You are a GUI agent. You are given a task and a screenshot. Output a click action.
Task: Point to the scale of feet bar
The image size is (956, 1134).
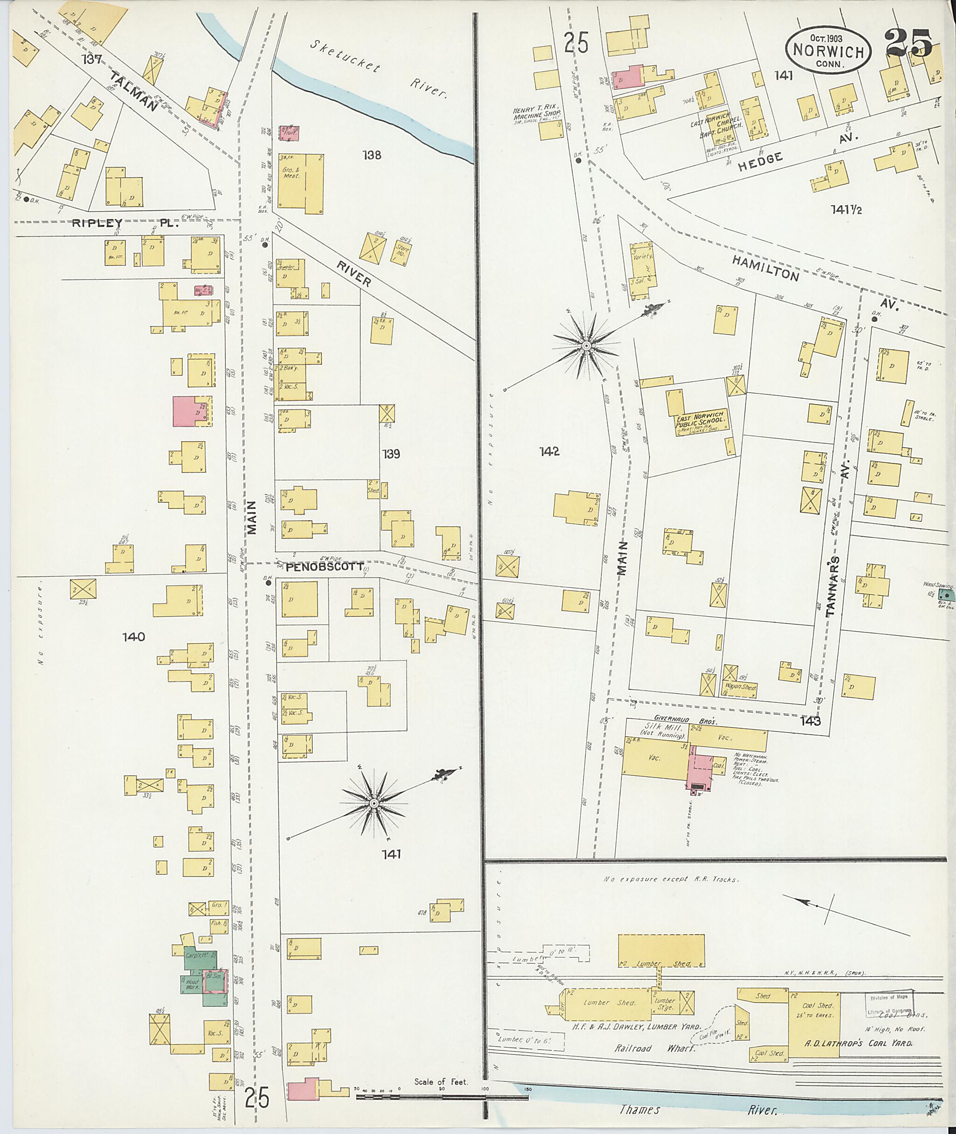pos(442,1097)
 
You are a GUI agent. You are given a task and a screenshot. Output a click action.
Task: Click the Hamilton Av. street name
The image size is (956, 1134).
pos(766,268)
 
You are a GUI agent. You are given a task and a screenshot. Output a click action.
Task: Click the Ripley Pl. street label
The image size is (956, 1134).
pos(125,222)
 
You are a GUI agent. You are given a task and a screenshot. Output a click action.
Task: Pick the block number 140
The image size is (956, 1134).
pos(134,636)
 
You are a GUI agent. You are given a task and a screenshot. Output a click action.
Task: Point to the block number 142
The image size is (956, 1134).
pos(548,451)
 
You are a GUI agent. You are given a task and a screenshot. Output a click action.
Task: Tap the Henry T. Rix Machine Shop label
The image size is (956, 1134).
pos(535,115)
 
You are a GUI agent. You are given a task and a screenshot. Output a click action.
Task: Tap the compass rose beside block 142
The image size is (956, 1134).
pos(586,345)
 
